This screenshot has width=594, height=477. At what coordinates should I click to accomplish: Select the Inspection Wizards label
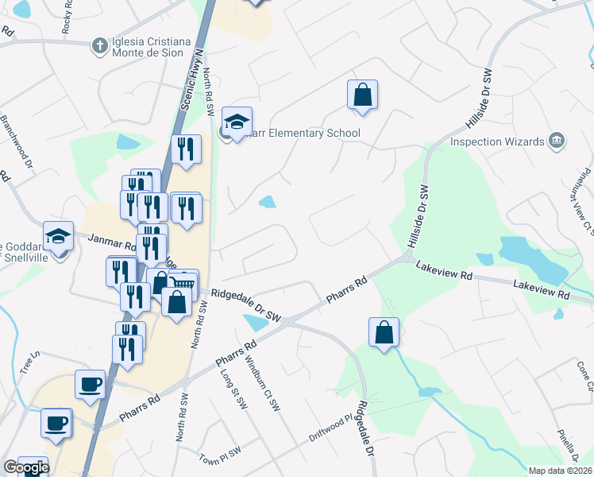[497, 142]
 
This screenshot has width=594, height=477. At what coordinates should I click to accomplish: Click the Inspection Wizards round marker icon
[557, 142]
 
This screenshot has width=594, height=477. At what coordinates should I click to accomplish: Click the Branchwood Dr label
[16, 142]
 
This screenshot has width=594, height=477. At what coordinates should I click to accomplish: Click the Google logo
[26, 467]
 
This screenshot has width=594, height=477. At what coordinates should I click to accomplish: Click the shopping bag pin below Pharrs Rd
[384, 333]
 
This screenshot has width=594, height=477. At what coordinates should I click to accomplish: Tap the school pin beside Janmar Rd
[58, 236]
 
